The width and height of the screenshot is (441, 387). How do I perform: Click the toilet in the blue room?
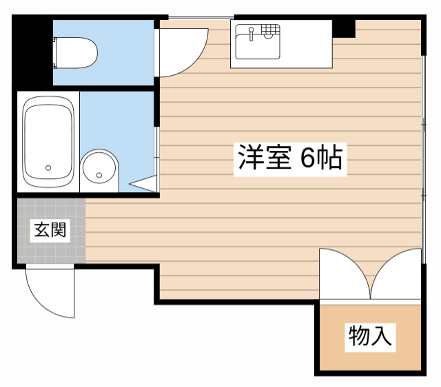[x=76, y=53]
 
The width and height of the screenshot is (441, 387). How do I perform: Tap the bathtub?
[x=48, y=142]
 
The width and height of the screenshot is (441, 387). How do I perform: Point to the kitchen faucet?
[x=252, y=31]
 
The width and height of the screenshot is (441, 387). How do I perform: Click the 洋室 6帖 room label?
[x=289, y=159]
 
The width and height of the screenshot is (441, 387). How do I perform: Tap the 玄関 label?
[x=50, y=230]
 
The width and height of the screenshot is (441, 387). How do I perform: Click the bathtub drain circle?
[x=48, y=167]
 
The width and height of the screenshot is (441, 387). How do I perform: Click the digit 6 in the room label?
[x=307, y=159]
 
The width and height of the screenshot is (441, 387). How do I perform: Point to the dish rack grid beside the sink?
[x=271, y=30]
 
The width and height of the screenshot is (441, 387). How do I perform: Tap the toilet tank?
[x=57, y=53]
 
